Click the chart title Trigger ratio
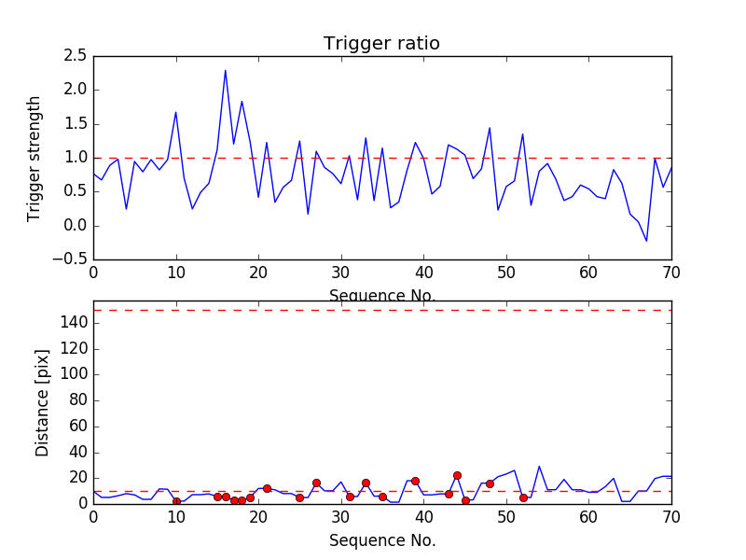381,44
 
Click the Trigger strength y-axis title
35,158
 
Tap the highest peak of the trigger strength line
225,70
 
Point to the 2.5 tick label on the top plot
76,56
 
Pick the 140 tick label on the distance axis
74,323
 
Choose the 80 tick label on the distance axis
77,400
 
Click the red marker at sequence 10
176,501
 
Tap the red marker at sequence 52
523,497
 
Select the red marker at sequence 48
490,483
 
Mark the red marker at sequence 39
415,481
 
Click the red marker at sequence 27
316,483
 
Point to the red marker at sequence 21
267,488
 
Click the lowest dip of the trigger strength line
646,241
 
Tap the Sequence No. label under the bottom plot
381,540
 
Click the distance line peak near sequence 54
539,466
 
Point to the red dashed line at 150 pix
381,310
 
